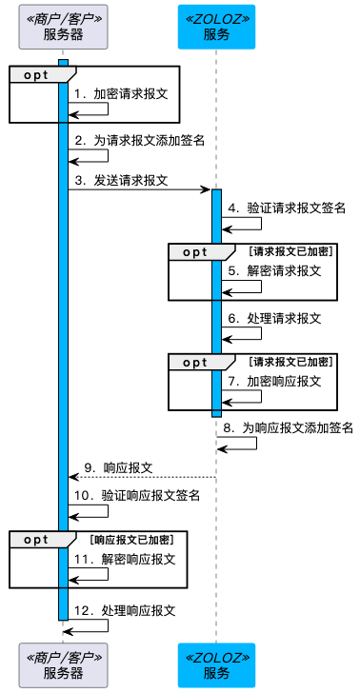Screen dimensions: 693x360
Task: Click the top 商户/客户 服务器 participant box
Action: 63,27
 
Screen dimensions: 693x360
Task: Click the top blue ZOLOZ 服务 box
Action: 216,27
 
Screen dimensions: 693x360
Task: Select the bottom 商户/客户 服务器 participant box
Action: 63,664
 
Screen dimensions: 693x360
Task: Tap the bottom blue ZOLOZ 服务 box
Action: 216,664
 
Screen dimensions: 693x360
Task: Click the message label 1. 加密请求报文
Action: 120,94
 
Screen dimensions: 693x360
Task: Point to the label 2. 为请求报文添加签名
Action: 139,140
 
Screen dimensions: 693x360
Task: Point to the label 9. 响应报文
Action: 120,467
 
